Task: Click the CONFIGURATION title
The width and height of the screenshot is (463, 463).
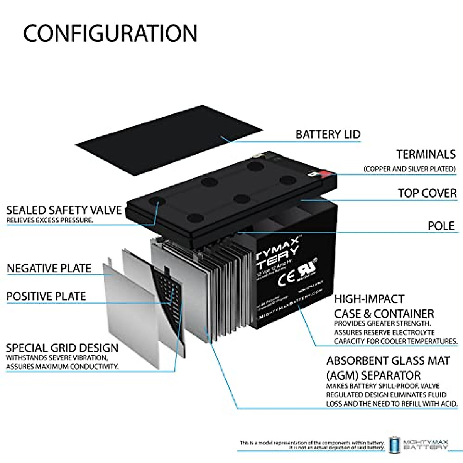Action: click(110, 33)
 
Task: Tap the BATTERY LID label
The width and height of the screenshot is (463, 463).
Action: click(328, 134)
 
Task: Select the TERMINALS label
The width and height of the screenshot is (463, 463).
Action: click(426, 154)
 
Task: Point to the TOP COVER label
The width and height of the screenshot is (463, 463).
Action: click(427, 193)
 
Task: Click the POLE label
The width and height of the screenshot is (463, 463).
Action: click(441, 226)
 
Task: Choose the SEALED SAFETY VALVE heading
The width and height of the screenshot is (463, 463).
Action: click(64, 210)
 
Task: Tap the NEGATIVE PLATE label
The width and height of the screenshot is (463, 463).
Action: click(49, 269)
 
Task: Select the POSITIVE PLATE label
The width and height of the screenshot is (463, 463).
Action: click(46, 296)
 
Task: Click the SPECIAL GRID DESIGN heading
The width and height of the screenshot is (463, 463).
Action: click(62, 348)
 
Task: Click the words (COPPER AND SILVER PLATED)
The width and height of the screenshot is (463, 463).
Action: click(409, 169)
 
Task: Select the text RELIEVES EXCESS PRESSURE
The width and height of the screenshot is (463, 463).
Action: click(49, 220)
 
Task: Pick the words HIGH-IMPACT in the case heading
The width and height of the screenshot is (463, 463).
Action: click(363, 299)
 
